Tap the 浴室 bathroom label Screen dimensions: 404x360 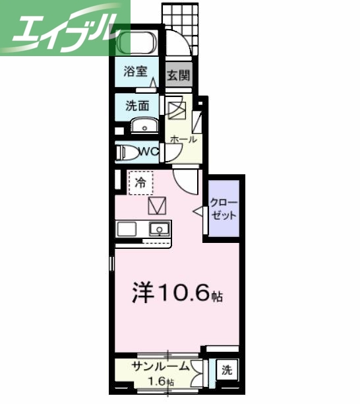(x=136, y=72)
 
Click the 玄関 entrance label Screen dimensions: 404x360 (x=177, y=75)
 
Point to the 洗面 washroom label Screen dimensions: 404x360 (x=137, y=105)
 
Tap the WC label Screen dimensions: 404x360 (x=148, y=152)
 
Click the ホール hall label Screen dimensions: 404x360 (x=183, y=139)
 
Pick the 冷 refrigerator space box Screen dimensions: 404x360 (x=140, y=182)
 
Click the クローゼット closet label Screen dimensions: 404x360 (x=225, y=209)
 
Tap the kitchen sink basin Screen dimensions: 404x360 (x=159, y=229)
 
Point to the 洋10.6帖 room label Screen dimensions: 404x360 (x=179, y=294)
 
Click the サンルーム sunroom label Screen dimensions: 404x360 (x=161, y=368)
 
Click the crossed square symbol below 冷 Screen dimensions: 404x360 (x=158, y=206)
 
